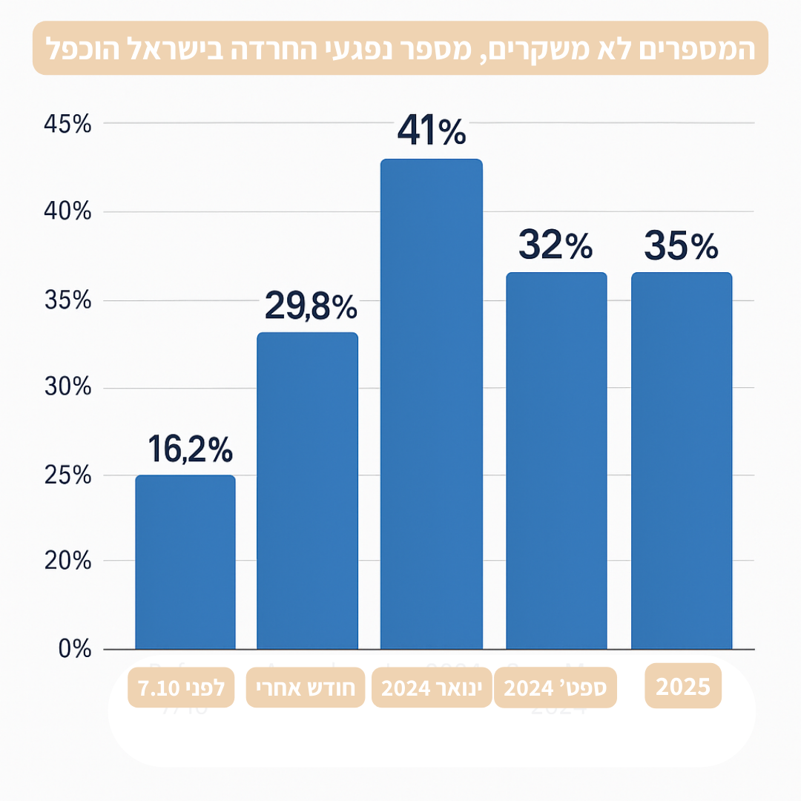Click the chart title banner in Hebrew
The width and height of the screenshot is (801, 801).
tap(400, 48)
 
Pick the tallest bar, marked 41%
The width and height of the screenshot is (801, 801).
tap(431, 404)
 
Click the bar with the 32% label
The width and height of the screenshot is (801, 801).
tap(556, 461)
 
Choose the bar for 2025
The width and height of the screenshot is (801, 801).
tap(682, 461)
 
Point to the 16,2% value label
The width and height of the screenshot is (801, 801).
tap(191, 449)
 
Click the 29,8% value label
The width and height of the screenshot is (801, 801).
tap(310, 306)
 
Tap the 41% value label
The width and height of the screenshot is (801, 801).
tap(432, 131)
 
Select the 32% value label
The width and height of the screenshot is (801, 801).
tap(556, 245)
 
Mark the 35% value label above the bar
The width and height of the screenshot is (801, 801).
tap(681, 245)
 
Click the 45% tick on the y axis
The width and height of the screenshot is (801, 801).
tap(67, 124)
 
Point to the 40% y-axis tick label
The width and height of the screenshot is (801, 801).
tap(67, 212)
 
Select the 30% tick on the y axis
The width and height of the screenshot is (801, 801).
tap(67, 388)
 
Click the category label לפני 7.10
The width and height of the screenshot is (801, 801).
tap(181, 688)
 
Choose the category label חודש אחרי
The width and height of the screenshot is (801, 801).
tap(306, 688)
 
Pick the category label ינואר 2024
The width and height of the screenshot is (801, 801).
tap(432, 688)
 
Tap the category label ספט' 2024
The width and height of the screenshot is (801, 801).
tap(556, 688)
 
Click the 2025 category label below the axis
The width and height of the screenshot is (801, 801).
tap(683, 686)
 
